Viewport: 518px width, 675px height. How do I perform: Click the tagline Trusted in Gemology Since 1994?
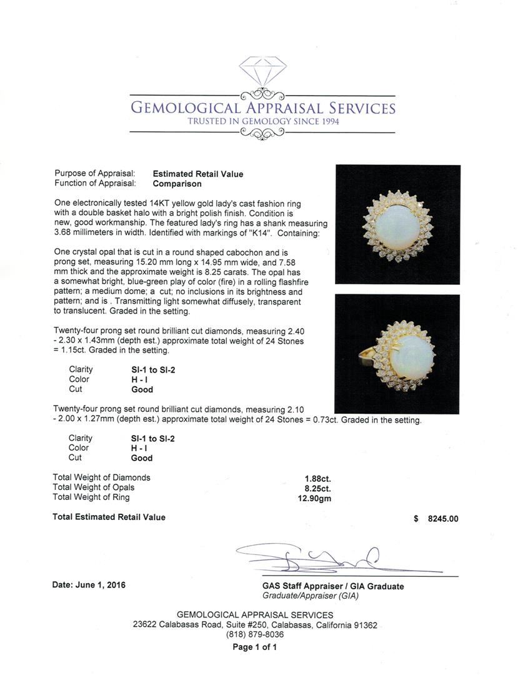pyautogui.click(x=262, y=121)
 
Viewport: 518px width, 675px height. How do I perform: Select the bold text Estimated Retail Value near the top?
pyautogui.click(x=198, y=174)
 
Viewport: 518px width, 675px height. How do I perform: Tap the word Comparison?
pyautogui.click(x=177, y=184)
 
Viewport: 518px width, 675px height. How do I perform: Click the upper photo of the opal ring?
pyautogui.click(x=397, y=224)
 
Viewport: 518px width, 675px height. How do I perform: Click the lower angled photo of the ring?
pyautogui.click(x=397, y=354)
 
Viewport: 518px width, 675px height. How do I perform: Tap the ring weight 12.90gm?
pyautogui.click(x=316, y=498)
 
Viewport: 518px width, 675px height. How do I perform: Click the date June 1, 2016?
pyautogui.click(x=89, y=585)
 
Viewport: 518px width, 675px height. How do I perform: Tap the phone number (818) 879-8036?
pyautogui.click(x=255, y=635)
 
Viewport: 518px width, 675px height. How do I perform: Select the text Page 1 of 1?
pyautogui.click(x=255, y=647)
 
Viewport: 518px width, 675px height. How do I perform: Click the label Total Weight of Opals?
pyautogui.click(x=94, y=487)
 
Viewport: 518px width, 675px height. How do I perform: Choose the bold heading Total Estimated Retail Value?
pyautogui.click(x=109, y=517)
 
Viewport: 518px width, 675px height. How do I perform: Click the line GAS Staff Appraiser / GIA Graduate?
pyautogui.click(x=333, y=586)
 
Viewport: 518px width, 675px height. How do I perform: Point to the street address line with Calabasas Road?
pyautogui.click(x=255, y=625)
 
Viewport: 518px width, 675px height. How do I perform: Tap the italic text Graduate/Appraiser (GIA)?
pyautogui.click(x=311, y=596)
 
